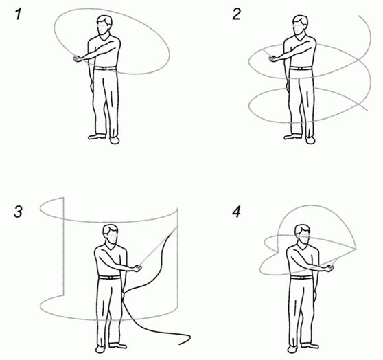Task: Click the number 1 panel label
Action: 18,14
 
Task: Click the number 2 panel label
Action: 236,14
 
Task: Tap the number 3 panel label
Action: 19,212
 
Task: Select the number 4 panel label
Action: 236,212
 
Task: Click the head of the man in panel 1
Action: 104,25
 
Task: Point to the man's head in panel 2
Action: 300,25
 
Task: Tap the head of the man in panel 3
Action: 111,234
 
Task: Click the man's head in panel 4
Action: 303,234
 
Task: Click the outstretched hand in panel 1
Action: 78,58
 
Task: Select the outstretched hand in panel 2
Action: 273,58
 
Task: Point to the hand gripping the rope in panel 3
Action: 137,268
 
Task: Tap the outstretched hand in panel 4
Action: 329,269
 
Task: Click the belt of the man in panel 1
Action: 105,68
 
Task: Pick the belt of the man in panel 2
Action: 301,68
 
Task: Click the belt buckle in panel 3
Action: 110,278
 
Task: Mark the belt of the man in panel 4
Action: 301,278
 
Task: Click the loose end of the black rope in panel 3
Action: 180,344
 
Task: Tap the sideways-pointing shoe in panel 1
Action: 97,137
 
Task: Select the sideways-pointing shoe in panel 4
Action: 310,346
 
